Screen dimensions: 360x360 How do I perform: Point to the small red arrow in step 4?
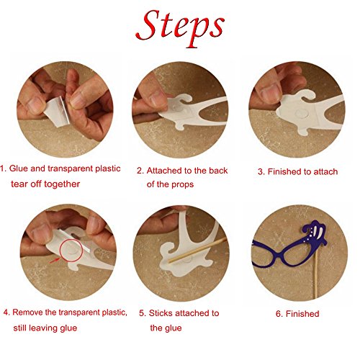55,260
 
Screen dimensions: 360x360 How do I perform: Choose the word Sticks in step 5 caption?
161,313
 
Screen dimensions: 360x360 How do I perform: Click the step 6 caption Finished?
302,314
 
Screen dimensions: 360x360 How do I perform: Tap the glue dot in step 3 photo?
302,113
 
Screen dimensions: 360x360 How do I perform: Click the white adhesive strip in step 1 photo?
58,111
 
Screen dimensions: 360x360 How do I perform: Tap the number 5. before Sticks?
143,313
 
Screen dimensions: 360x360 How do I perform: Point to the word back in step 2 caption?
218,171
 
